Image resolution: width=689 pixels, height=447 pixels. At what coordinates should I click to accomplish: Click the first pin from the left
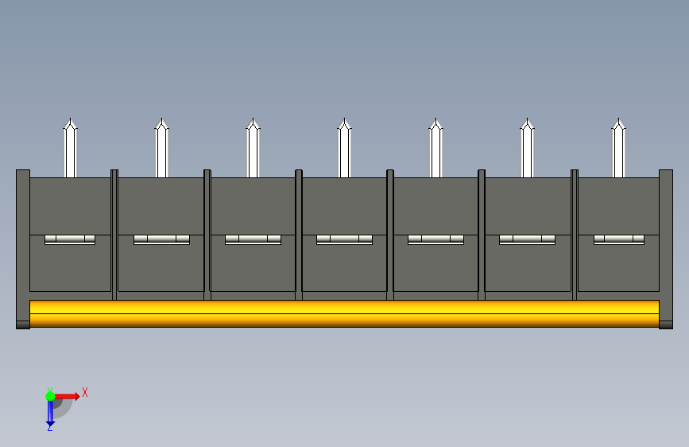coord(70,148)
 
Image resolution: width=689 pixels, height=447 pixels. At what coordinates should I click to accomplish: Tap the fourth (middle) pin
coord(345,148)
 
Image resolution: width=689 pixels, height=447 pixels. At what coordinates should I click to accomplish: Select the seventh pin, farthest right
coord(619,148)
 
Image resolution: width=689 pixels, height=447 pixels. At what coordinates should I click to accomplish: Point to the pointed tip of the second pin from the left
coord(161,119)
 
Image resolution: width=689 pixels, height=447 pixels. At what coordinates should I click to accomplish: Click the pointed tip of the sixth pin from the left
coord(528,119)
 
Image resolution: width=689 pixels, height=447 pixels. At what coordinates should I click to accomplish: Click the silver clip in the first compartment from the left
coord(70,239)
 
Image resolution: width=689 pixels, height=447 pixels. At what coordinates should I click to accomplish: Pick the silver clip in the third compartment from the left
coord(253,239)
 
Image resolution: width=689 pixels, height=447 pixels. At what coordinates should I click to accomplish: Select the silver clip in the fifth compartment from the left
coord(436,239)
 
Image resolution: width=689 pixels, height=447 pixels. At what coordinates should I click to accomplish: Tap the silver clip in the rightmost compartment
coord(619,239)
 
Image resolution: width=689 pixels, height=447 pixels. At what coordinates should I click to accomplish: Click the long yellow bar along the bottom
coord(345,313)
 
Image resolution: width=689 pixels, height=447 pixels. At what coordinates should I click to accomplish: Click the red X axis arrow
coord(67,396)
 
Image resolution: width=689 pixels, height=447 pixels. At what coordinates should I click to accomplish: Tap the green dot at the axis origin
coord(50,396)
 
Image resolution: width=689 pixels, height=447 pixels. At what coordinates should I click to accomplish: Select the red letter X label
coord(85,392)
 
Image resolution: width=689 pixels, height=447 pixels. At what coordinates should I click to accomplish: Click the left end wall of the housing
coord(23,249)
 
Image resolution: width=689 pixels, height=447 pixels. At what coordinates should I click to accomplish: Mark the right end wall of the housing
coord(666,249)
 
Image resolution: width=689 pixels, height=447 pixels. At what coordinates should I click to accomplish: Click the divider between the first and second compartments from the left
coord(114,235)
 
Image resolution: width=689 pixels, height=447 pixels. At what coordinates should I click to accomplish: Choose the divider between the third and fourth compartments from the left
coord(299,235)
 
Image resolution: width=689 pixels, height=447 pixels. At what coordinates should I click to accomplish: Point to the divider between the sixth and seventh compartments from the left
coord(575,235)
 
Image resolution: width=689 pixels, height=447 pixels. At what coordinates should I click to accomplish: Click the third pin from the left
coord(253,148)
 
